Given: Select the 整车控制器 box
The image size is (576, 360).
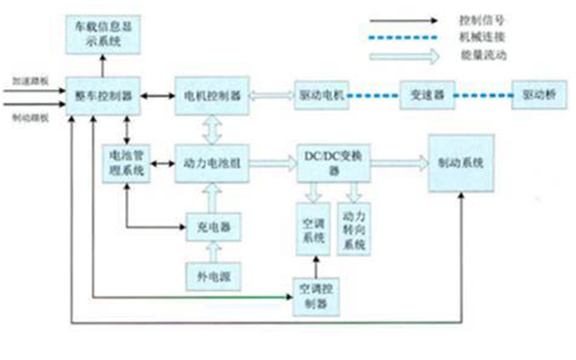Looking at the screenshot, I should [101, 97].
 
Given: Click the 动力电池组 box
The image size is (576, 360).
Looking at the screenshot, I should [209, 162].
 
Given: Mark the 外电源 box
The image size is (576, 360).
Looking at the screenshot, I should [209, 277].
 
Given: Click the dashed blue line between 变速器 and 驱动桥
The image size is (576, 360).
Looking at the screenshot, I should [477, 97].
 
